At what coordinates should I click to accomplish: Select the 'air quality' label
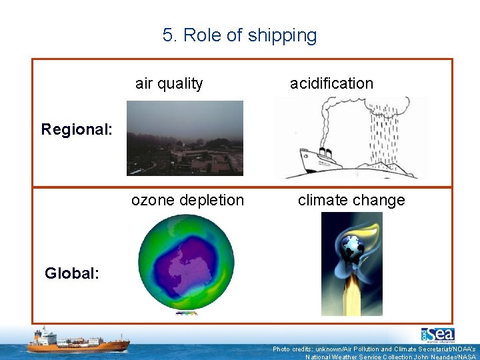pos(169,83)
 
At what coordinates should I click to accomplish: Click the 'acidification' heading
pos(331,83)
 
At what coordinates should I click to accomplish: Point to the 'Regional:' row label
pos(76,129)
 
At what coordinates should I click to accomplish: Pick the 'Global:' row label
pos(72,273)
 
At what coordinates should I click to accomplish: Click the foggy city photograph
pos(185,138)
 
